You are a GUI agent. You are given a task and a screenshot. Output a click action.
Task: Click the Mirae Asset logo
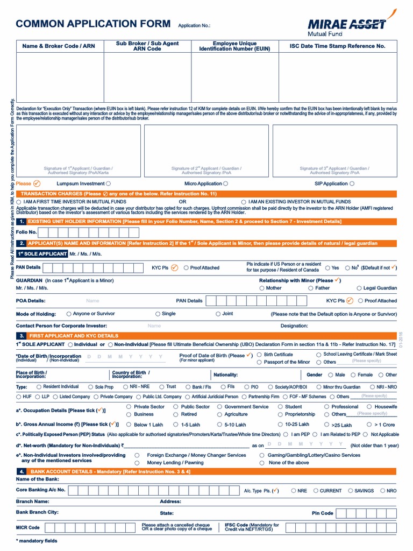pos(347,26)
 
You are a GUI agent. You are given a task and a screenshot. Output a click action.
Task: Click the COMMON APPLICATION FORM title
pos(94,24)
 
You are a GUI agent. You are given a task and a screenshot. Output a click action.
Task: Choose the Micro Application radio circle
pos(225,183)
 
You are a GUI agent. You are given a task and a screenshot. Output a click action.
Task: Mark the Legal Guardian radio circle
pos(359,288)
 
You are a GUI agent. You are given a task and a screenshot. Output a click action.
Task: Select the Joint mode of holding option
pos(218,314)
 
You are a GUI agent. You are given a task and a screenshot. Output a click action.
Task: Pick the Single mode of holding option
pos(158,314)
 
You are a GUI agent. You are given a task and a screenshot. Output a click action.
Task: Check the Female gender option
pos(353,375)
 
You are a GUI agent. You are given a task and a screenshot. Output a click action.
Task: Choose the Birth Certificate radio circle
pos(259,355)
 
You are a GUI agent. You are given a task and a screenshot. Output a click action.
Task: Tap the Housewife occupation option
pos(369,407)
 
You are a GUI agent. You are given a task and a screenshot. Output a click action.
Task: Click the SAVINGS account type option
pos(351,491)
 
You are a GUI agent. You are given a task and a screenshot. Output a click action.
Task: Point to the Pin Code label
pos(323,513)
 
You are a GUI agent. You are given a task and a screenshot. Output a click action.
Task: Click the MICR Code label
pos(28,528)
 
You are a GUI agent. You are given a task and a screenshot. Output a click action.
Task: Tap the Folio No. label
pos(26,232)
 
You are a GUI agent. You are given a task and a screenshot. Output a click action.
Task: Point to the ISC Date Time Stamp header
pos(337,46)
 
